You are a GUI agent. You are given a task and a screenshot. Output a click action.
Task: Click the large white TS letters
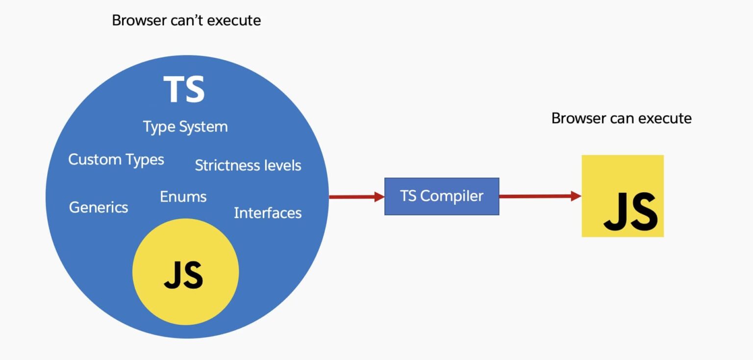click(x=184, y=89)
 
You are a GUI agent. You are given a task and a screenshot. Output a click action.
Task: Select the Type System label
click(x=185, y=127)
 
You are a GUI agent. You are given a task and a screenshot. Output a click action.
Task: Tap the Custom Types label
click(x=116, y=159)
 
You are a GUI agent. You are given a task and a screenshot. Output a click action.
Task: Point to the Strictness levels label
click(x=248, y=165)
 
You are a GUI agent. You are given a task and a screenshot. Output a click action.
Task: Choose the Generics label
click(x=99, y=207)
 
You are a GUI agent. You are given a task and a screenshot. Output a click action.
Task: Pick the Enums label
click(x=183, y=197)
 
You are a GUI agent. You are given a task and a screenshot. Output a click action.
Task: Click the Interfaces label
click(x=268, y=213)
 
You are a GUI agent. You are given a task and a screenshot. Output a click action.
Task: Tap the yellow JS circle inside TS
click(x=185, y=272)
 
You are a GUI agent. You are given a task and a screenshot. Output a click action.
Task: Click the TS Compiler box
click(x=442, y=196)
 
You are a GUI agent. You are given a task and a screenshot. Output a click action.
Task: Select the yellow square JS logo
click(x=623, y=196)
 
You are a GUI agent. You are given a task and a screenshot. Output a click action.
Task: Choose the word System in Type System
click(x=203, y=127)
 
